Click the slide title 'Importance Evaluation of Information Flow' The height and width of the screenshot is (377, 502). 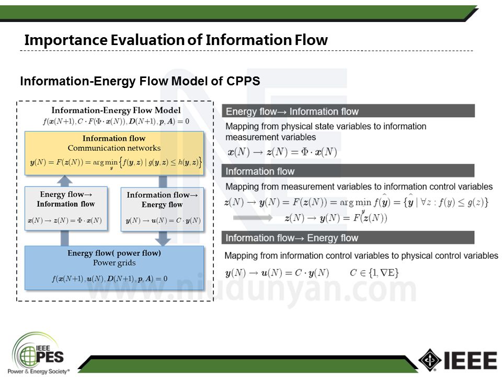click(176, 40)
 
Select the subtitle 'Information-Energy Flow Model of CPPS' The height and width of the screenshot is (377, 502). click(140, 81)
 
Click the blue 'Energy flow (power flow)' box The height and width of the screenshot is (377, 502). click(114, 267)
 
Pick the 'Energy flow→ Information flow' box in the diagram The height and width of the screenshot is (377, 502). click(66, 208)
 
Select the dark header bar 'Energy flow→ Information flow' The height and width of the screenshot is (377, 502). click(349, 111)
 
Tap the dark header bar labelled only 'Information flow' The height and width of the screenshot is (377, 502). click(349, 171)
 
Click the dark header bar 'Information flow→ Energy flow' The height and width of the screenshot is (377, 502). click(349, 238)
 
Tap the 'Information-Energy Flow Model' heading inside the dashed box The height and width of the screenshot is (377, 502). click(116, 110)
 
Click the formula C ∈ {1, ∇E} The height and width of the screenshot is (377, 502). click(375, 272)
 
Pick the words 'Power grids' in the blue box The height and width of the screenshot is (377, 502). click(114, 263)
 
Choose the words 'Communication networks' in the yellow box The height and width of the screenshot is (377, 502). click(114, 148)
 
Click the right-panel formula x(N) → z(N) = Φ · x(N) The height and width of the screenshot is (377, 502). click(282, 152)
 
